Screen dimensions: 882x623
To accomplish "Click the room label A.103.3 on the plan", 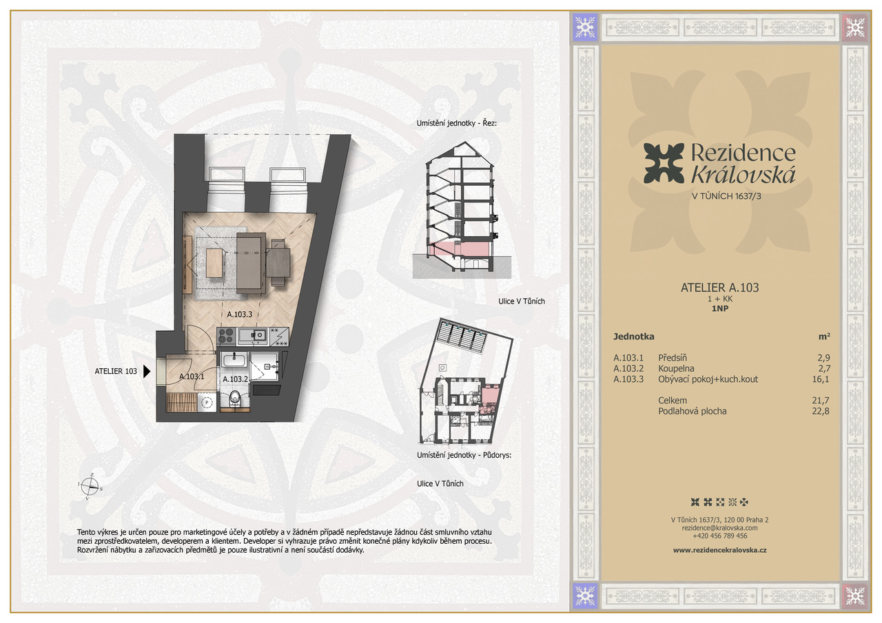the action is [239, 314].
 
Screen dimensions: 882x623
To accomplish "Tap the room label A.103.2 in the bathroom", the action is [235, 379].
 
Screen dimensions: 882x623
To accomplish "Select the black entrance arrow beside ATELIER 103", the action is [147, 371].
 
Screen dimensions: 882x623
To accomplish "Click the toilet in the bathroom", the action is [235, 398].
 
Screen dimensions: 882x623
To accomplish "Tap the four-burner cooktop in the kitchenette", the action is [226, 336].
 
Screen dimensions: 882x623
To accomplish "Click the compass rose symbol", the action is [90, 487].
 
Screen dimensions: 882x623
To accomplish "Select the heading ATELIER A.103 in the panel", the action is [720, 288].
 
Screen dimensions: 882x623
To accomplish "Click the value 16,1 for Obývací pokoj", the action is [821, 379].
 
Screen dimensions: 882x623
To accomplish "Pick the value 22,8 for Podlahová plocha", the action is [821, 411].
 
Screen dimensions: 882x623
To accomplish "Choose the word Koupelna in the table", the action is [676, 368].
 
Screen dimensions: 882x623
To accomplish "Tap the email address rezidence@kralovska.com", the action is [720, 528].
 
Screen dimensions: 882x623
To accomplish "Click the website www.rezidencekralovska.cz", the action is [720, 550].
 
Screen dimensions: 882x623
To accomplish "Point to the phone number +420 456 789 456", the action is [720, 536].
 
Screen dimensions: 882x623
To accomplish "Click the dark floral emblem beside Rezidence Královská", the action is [664, 164].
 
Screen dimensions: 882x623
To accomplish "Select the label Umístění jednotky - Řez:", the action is [456, 123].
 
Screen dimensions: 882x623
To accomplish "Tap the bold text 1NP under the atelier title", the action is [720, 309].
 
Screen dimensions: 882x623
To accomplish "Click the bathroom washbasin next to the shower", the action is [234, 359].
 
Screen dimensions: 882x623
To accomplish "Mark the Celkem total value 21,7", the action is [821, 401].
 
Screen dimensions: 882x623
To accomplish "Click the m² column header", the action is [824, 336].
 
